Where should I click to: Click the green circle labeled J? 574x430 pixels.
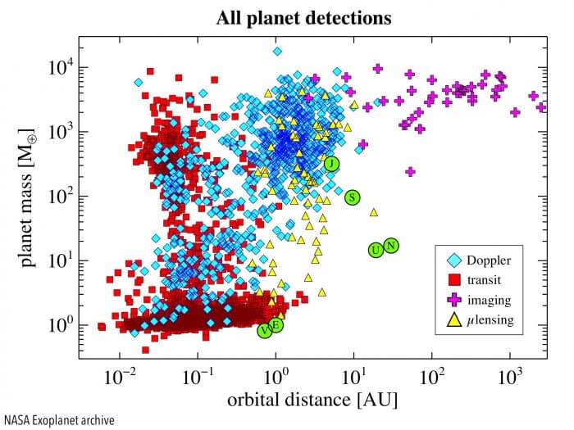point(330,164)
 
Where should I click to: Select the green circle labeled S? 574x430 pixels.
point(352,197)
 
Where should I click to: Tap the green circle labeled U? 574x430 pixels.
point(376,250)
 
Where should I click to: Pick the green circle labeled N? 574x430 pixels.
point(391,245)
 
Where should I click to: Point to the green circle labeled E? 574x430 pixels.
point(276,325)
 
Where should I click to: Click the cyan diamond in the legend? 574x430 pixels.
point(451,260)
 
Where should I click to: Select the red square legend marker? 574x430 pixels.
point(451,280)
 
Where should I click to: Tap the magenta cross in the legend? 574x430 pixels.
point(451,300)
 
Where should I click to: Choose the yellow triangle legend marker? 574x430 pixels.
point(451,319)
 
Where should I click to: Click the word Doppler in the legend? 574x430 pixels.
point(489,260)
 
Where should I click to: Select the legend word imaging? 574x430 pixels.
point(489,300)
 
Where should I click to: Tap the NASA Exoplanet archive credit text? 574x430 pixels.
point(59,419)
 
